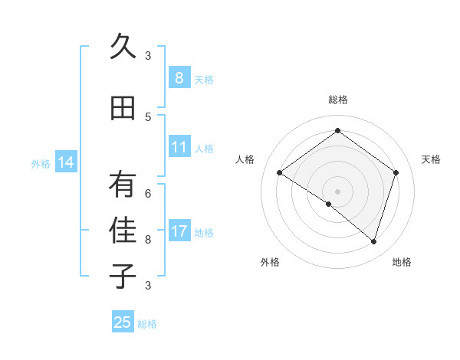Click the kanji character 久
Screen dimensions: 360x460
[123, 47]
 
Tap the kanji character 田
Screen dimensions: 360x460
[123, 108]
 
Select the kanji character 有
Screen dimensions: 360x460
[123, 185]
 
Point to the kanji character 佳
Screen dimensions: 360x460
[123, 230]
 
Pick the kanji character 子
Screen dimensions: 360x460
[123, 275]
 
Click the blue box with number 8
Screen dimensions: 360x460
[179, 78]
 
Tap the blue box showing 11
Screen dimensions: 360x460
[179, 147]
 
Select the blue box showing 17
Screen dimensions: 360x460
[179, 231]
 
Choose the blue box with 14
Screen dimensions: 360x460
[66, 162]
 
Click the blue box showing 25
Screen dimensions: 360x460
[123, 322]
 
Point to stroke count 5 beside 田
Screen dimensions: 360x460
[148, 116]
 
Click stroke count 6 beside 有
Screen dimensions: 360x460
[148, 193]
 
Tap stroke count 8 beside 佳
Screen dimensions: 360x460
[148, 239]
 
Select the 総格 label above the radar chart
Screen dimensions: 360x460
[337, 100]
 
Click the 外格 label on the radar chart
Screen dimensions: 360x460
[270, 262]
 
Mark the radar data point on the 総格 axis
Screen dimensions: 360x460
[337, 131]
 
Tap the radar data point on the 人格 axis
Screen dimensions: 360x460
[280, 173]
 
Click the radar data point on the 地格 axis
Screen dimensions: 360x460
[373, 242]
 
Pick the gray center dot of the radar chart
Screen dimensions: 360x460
[337, 191]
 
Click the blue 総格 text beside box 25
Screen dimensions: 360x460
[147, 324]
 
